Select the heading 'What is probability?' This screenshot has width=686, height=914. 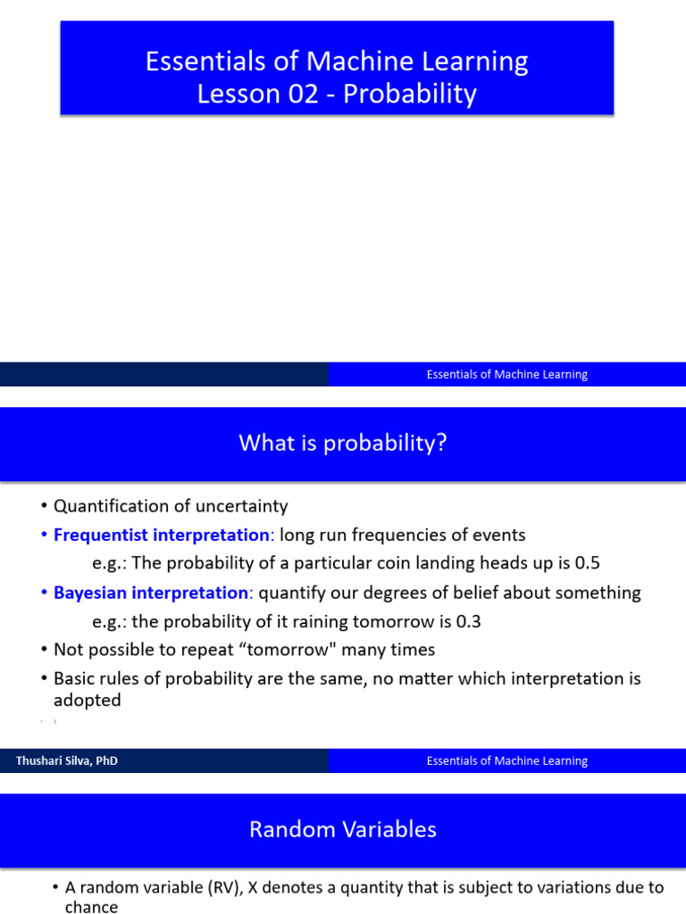tap(342, 443)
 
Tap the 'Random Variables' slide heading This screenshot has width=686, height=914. tap(342, 829)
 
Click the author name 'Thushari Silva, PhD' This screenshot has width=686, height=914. tap(67, 761)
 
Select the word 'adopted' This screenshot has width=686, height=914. tap(87, 701)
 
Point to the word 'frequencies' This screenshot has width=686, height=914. tap(416, 536)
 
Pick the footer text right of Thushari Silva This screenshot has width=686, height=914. tap(506, 761)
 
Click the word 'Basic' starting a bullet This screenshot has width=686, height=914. tap(76, 678)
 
